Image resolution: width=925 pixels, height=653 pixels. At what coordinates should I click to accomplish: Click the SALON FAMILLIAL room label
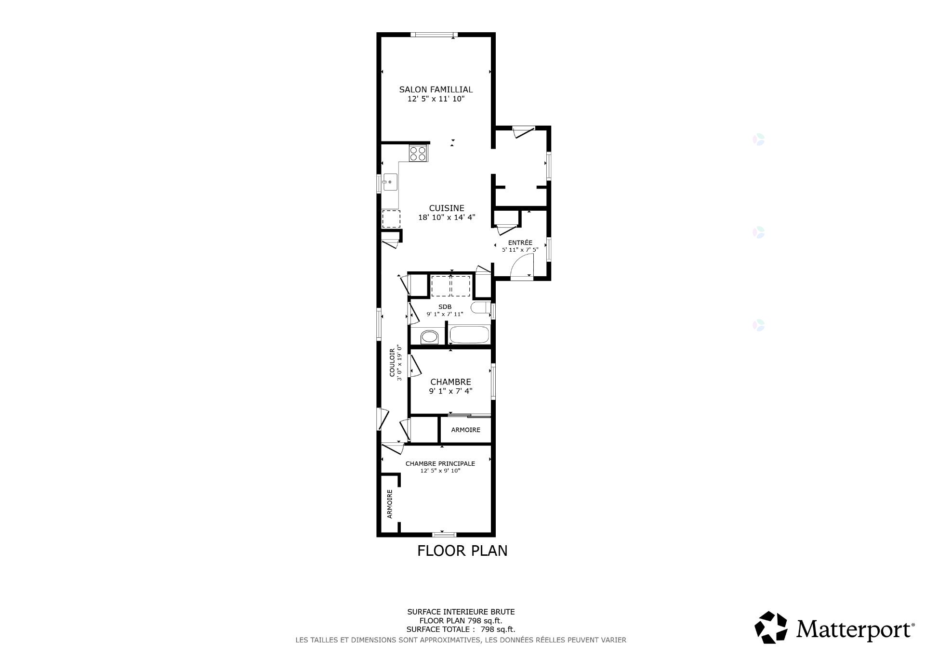click(x=436, y=90)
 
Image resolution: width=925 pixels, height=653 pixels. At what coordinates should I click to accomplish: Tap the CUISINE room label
click(x=447, y=208)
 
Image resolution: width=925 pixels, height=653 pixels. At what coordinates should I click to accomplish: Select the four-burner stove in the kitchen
click(x=418, y=154)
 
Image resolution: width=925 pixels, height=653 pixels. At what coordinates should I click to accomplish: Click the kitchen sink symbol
click(x=390, y=182)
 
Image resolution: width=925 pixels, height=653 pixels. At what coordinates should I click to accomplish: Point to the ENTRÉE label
click(x=520, y=243)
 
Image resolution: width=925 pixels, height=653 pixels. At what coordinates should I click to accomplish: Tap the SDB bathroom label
click(x=445, y=307)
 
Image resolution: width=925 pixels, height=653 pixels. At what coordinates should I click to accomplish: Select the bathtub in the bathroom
click(x=469, y=335)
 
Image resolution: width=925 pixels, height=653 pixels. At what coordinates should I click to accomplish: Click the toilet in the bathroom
click(x=480, y=308)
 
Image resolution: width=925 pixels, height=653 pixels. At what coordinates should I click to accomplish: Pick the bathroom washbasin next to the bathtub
click(x=429, y=337)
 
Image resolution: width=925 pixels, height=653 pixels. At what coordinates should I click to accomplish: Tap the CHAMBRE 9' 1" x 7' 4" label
click(x=450, y=386)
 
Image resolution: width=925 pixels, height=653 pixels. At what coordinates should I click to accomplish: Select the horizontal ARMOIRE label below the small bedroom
click(x=465, y=430)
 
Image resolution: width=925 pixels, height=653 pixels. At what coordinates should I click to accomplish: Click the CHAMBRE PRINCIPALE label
click(x=440, y=464)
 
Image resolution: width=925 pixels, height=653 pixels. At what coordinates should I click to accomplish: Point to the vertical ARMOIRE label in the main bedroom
click(x=390, y=504)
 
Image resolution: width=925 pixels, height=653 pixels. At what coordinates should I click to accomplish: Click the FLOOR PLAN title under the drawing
click(x=462, y=551)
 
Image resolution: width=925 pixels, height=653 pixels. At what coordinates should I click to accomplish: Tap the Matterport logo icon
click(x=770, y=627)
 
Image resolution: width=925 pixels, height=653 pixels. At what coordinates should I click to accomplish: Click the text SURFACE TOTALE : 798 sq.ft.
click(x=461, y=629)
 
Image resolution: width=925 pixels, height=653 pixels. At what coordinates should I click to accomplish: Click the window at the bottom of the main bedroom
click(x=444, y=534)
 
